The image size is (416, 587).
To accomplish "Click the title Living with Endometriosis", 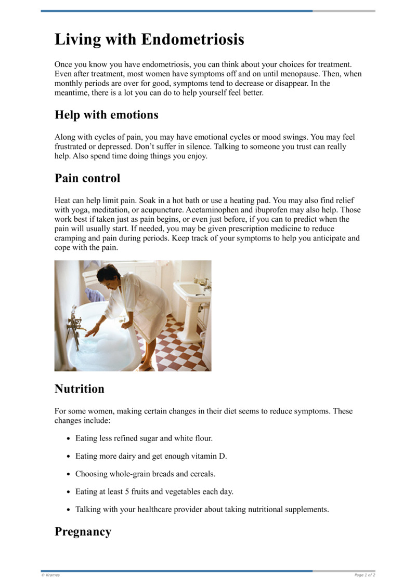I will (149, 39).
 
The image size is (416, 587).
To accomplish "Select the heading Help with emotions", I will (107, 114).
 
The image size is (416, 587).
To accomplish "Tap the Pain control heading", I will (87, 178).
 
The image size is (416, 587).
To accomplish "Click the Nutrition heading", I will (79, 389).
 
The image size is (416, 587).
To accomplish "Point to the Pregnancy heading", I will (83, 531).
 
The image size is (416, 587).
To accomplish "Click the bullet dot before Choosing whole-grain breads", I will (69, 474).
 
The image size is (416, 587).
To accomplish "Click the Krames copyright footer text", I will (51, 575).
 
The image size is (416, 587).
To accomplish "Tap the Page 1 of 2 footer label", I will (365, 575).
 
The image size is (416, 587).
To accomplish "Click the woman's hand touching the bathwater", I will (92, 332).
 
